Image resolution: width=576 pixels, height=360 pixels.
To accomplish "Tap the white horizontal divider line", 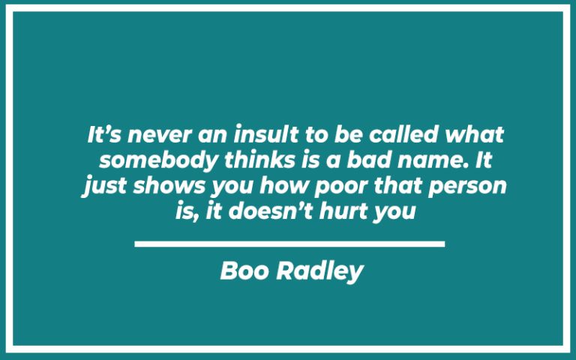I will [x=289, y=244].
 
